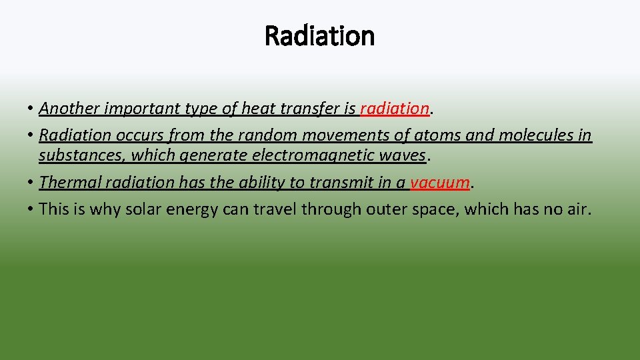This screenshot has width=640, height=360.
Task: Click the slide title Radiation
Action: [x=319, y=35]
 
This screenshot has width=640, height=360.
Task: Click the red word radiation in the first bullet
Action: [x=394, y=108]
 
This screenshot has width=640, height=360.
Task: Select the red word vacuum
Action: [x=440, y=182]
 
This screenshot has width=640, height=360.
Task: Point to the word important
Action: [x=136, y=108]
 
